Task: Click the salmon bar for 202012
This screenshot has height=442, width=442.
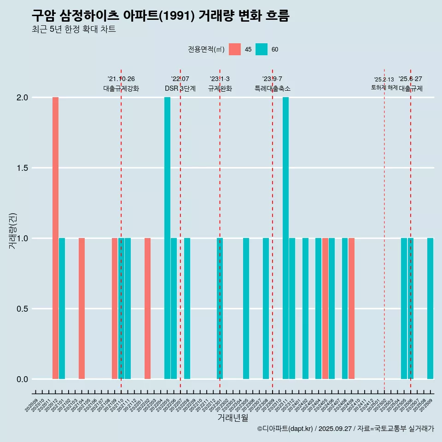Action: (x=55, y=238)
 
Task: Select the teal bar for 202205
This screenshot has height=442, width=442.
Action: (x=167, y=238)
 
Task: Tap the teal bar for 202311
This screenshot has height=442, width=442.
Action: (x=285, y=238)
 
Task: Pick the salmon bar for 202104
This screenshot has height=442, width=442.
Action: (x=81, y=308)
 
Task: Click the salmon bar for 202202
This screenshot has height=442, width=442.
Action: (x=147, y=308)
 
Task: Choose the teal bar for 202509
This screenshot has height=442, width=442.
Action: (x=430, y=308)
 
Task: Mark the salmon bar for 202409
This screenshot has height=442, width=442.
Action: (x=351, y=308)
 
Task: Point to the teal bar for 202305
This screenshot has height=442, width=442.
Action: (x=246, y=308)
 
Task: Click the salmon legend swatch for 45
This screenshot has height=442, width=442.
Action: (x=235, y=49)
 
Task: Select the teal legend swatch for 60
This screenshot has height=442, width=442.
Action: (x=262, y=49)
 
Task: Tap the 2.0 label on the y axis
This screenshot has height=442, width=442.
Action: (x=23, y=98)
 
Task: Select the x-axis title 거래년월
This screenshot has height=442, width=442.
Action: (x=233, y=418)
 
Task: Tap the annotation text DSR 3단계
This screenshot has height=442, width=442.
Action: (x=180, y=88)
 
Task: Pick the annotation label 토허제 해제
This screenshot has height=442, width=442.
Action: (x=384, y=87)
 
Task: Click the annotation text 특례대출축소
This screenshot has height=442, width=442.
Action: (x=273, y=88)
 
